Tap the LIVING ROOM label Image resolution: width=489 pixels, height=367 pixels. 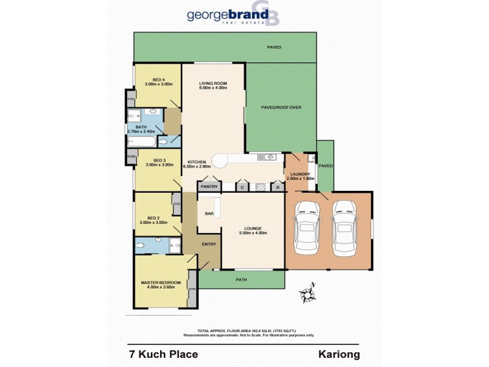tap(213, 85)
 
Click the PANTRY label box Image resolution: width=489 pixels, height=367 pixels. tap(208, 187)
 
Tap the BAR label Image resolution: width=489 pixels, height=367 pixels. tap(209, 214)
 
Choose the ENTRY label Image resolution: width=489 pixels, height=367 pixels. tap(209, 243)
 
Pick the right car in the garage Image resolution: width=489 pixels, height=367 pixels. tap(344, 231)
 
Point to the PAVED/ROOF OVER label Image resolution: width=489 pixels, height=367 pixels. tap(282, 107)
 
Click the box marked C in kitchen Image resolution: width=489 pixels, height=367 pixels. tap(243, 187)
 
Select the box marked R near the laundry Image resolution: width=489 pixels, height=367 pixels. tap(278, 187)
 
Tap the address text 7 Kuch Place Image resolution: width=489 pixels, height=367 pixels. tap(163, 354)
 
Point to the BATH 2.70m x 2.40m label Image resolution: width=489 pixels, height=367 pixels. tap(141, 128)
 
